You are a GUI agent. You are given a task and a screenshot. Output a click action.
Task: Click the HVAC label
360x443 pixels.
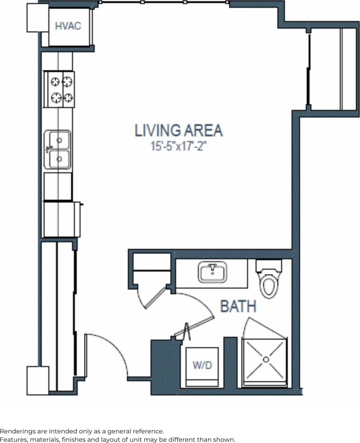point(68,27)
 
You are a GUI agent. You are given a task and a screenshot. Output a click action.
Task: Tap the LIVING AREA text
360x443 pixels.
point(178,131)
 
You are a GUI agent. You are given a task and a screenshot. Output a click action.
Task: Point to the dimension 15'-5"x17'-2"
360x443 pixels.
point(176,147)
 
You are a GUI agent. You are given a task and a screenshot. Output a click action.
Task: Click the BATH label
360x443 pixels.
point(238,306)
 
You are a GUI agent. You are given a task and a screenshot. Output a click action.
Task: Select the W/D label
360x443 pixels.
point(202,365)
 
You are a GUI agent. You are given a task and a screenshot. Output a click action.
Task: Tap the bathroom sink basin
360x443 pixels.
point(213,273)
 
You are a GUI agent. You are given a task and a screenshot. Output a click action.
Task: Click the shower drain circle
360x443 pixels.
point(265,359)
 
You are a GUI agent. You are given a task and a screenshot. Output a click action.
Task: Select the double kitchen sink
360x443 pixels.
point(57,150)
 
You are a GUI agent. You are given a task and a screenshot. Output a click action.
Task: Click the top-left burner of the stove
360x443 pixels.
point(55,82)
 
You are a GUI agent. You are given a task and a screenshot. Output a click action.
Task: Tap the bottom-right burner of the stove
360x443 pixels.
point(68,98)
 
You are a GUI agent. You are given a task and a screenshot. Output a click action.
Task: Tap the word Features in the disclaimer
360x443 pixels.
point(12,439)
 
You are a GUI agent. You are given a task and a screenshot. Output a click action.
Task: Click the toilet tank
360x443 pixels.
point(269,266)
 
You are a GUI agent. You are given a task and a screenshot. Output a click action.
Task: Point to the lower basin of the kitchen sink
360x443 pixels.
point(59,158)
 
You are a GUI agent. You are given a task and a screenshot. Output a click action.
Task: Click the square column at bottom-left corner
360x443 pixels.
point(38,380)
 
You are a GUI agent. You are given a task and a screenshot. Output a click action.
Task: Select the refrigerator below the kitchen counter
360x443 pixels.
point(62,220)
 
